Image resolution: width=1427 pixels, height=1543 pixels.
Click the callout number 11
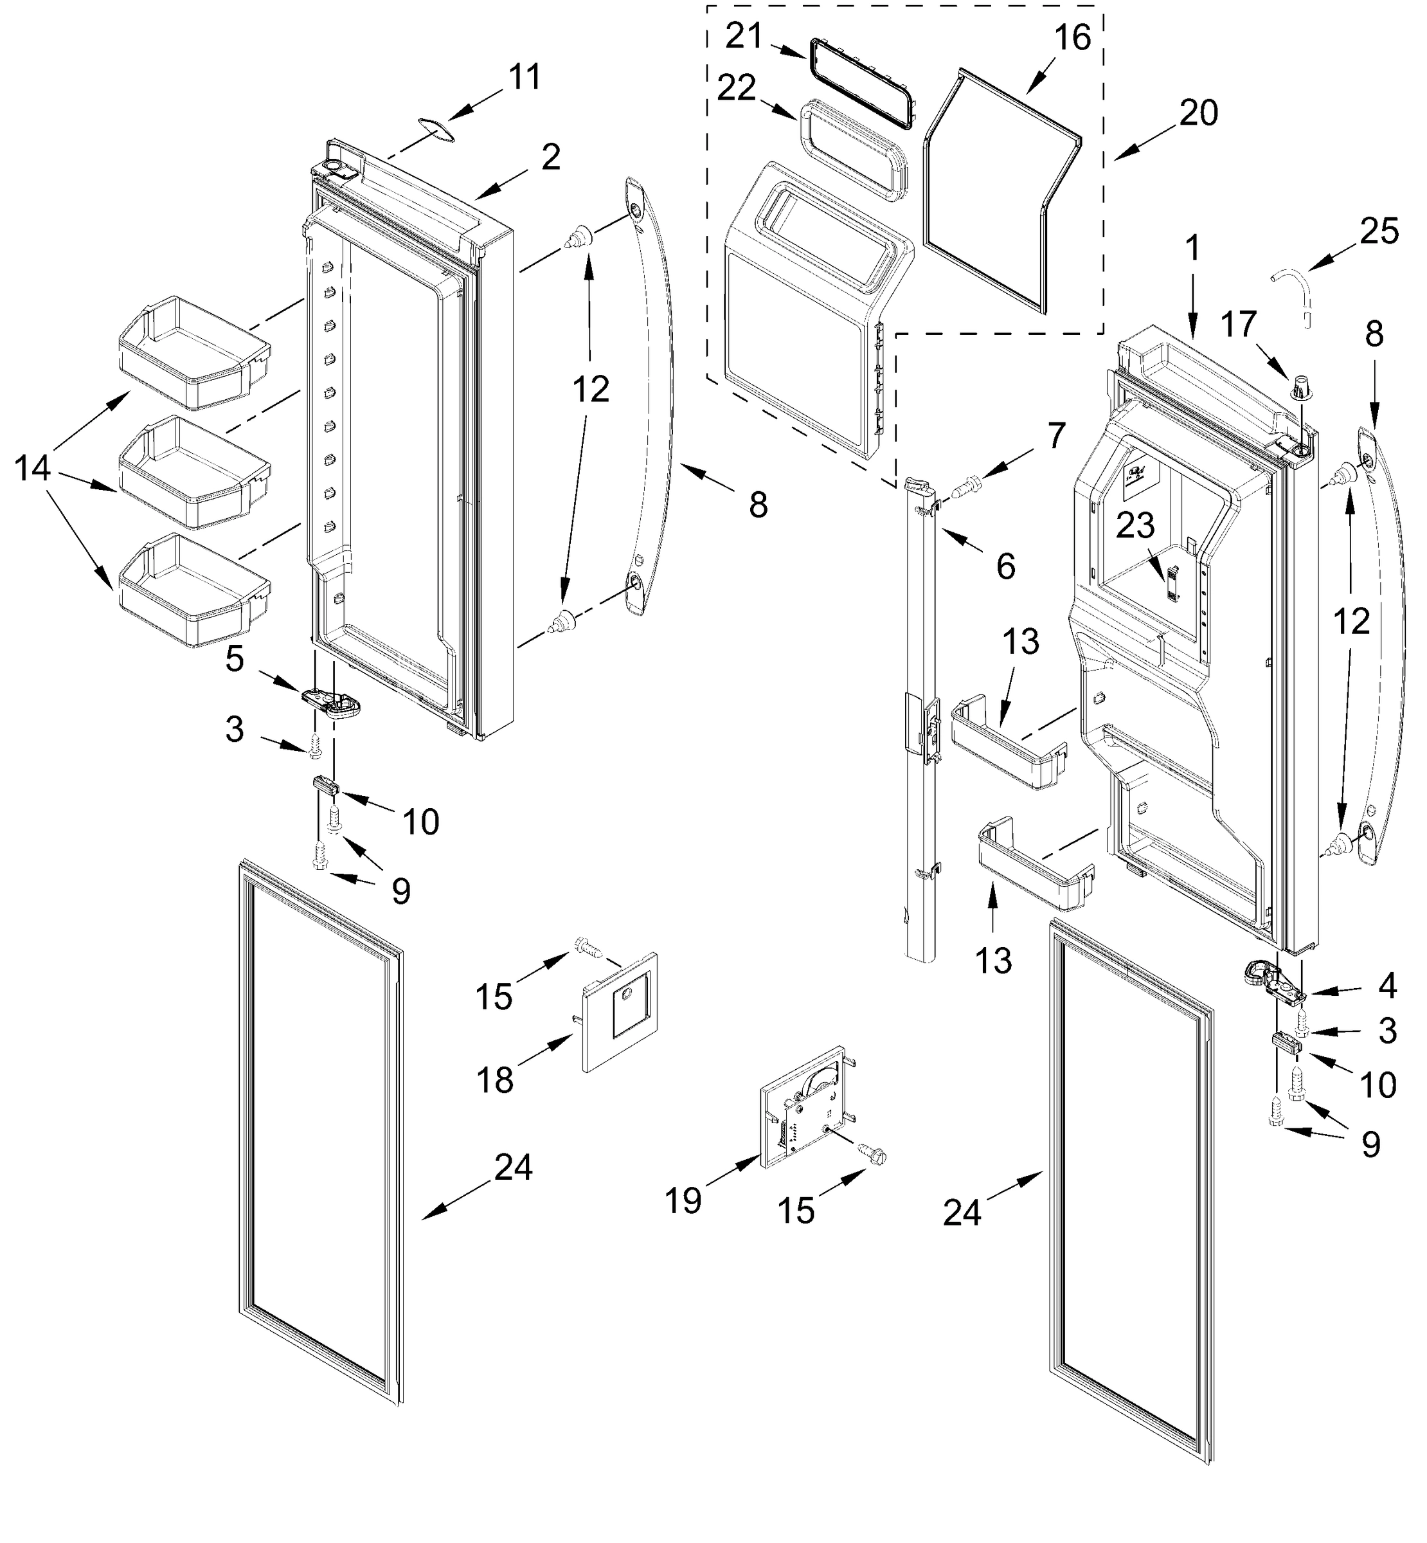[525, 77]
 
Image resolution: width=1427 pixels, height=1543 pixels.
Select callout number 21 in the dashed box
[744, 36]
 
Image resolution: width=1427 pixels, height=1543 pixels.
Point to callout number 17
[1239, 325]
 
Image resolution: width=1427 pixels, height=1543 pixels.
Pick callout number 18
[494, 1079]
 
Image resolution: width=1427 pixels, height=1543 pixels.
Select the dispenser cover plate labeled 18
[622, 1012]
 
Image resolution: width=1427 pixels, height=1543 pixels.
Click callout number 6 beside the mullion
[1005, 567]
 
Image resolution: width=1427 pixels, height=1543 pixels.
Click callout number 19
[683, 1200]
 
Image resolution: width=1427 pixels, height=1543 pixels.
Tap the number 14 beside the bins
[32, 468]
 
